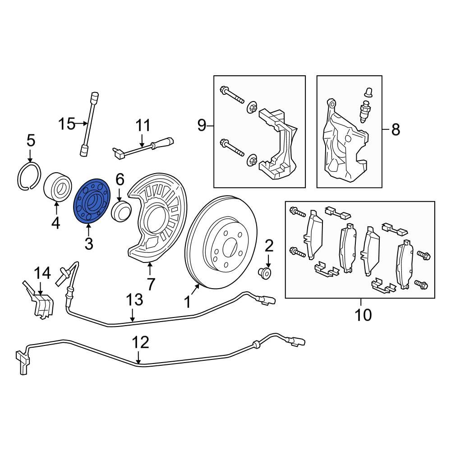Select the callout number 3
(88, 244)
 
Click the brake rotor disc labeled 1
(221, 244)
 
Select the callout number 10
(363, 314)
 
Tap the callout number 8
(395, 130)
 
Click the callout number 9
(202, 124)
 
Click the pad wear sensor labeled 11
(142, 147)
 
